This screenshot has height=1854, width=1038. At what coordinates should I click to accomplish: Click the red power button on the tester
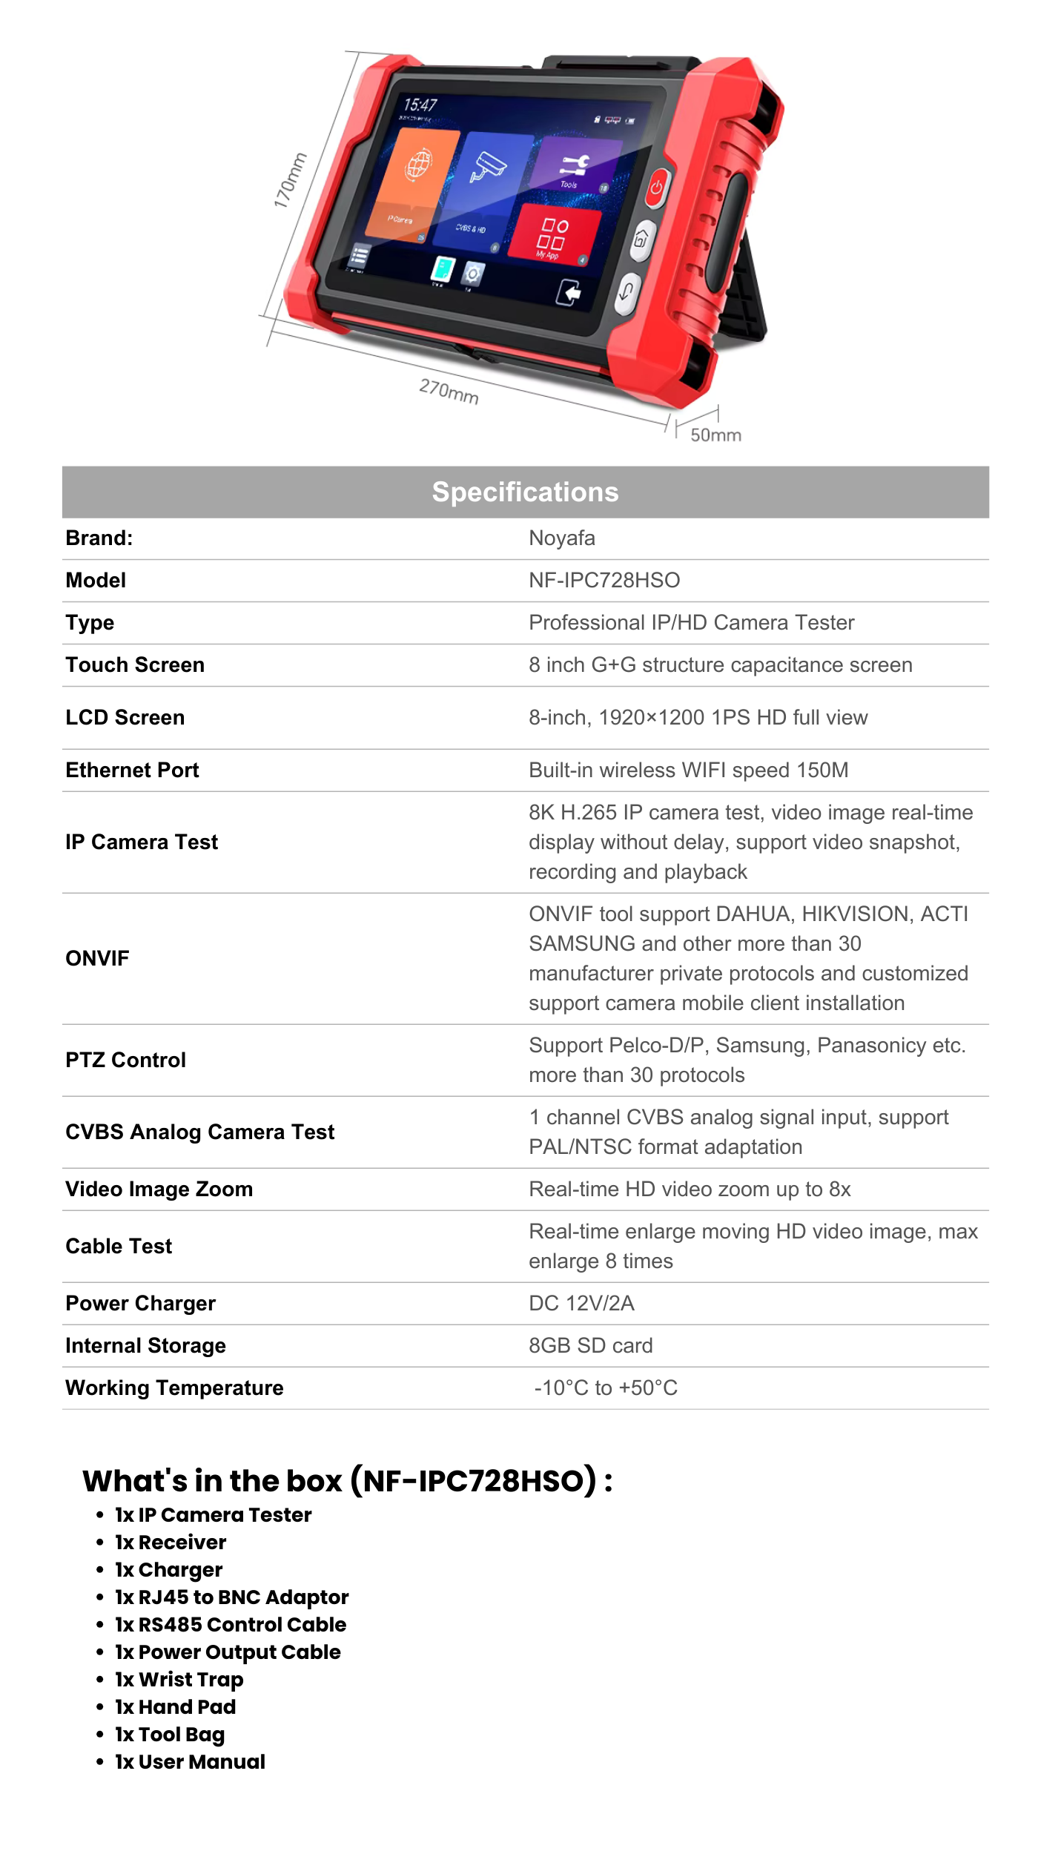click(x=656, y=188)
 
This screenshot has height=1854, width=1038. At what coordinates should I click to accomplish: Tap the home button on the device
click(x=641, y=239)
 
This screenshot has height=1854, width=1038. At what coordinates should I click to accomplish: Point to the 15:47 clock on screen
click(x=420, y=105)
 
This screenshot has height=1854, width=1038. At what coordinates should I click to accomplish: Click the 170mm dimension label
click(x=290, y=180)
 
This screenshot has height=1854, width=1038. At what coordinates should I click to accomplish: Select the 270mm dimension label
click(x=449, y=391)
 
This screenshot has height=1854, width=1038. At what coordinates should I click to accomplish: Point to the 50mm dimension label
click(x=715, y=435)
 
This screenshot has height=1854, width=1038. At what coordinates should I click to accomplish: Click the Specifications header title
click(x=525, y=492)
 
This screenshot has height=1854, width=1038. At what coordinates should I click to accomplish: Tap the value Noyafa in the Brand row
click(x=561, y=538)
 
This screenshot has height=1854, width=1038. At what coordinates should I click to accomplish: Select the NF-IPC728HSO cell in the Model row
click(x=604, y=581)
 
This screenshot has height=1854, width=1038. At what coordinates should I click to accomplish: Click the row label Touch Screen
click(x=135, y=665)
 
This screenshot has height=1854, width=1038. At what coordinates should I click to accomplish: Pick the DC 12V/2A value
click(x=581, y=1304)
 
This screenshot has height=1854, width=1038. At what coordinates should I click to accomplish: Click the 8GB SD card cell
click(x=590, y=1346)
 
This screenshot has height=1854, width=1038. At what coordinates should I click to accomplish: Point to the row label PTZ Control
click(x=125, y=1060)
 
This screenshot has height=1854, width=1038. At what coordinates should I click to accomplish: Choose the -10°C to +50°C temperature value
click(x=605, y=1388)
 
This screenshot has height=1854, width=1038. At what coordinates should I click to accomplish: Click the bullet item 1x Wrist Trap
click(x=179, y=1680)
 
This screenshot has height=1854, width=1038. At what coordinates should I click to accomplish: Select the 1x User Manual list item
click(x=190, y=1762)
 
